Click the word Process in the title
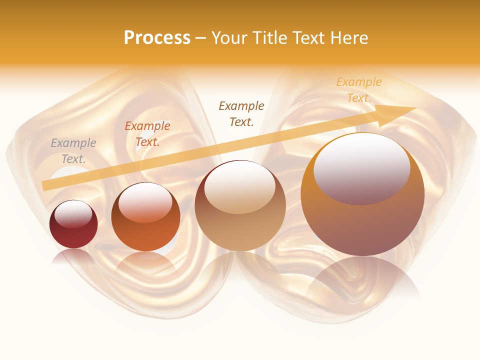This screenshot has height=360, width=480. coord(157,38)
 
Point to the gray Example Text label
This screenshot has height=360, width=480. coord(73,150)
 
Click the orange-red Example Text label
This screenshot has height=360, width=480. coord(147,133)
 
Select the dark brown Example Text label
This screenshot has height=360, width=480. coord(241,113)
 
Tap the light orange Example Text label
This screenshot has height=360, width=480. coord(358,89)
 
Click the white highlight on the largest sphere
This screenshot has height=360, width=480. coord(361,167)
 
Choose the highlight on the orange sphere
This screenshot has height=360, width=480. coord(145,201)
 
